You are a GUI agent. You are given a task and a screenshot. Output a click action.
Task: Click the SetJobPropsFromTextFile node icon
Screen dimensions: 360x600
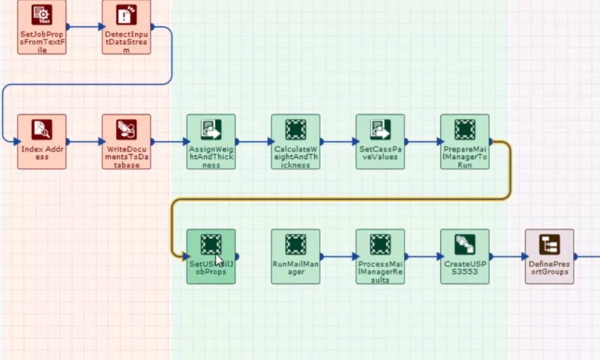(x=42, y=15)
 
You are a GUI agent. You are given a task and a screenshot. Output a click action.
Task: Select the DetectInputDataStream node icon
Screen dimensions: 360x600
(x=126, y=15)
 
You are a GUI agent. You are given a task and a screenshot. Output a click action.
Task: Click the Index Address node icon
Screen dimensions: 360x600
(x=42, y=130)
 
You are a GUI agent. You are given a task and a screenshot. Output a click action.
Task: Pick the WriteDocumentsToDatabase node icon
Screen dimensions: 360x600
(x=126, y=130)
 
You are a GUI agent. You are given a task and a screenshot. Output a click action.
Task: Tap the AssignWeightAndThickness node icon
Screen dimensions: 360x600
(x=211, y=130)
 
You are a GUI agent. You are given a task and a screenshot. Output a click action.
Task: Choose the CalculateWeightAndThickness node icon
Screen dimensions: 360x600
(x=295, y=130)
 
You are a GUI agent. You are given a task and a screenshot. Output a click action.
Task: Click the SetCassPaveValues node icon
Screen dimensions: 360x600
(x=380, y=130)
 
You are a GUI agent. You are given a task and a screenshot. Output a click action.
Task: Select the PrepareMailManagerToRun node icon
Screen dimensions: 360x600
(x=465, y=130)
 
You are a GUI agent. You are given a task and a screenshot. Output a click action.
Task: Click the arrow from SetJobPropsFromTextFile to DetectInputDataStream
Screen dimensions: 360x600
(x=84, y=26)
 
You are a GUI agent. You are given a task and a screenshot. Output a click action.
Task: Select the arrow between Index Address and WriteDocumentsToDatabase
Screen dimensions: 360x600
(x=84, y=141)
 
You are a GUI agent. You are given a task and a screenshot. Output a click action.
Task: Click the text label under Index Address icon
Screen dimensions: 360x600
(x=42, y=153)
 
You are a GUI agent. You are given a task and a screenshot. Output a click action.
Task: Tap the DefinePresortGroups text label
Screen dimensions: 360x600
(x=550, y=268)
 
